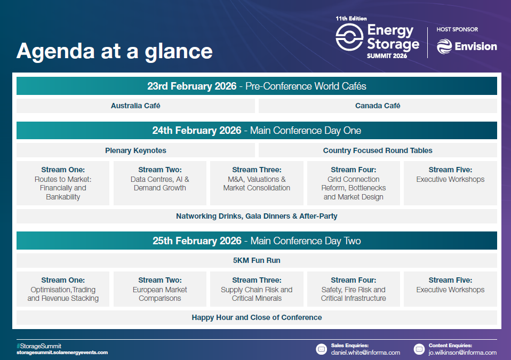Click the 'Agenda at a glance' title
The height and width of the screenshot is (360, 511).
click(114, 51)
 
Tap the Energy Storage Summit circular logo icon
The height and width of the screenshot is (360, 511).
click(349, 37)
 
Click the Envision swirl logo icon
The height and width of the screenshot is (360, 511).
click(444, 46)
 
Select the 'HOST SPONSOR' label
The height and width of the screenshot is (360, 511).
click(457, 29)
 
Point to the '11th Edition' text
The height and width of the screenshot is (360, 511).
click(351, 19)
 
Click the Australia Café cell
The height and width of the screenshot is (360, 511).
click(135, 106)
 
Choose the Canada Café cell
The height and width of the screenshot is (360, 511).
click(378, 106)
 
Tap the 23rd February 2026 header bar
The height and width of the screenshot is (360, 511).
click(257, 86)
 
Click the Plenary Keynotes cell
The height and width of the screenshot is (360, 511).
click(135, 150)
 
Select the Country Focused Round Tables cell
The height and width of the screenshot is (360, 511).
click(378, 150)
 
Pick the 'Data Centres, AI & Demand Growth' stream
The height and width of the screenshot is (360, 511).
click(159, 183)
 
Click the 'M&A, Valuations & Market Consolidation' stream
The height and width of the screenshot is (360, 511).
click(257, 183)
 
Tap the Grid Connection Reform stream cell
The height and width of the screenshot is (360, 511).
click(354, 183)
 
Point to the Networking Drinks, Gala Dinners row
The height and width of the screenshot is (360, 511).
click(257, 216)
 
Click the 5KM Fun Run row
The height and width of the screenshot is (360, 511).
click(257, 260)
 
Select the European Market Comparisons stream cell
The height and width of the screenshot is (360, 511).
click(159, 289)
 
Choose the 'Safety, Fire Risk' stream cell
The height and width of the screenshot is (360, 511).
click(354, 289)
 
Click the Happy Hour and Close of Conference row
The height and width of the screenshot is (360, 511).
click(257, 317)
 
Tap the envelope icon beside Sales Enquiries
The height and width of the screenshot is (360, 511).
click(321, 349)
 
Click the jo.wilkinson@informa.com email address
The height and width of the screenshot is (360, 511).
click(462, 353)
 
